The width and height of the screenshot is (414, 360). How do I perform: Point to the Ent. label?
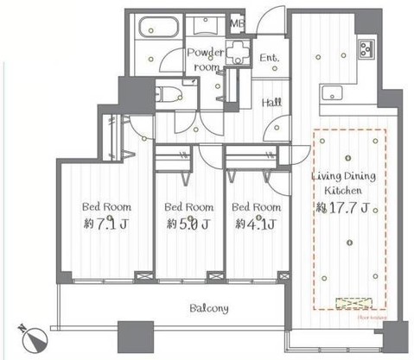270,58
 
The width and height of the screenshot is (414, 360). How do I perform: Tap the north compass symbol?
32,335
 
